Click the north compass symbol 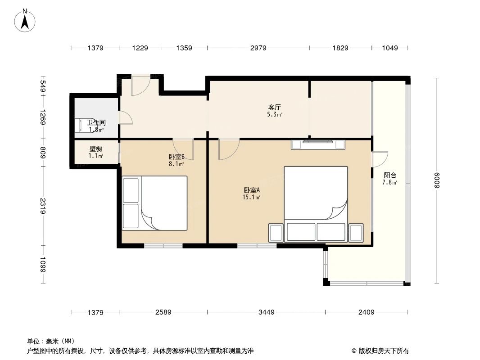click(26, 20)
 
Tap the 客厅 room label click(275, 108)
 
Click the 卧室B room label click(176, 157)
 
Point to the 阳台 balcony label click(389, 175)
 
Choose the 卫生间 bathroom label click(96, 122)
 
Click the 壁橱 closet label click(95, 148)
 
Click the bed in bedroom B click(154, 203)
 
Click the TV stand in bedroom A click(318, 144)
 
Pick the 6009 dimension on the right click(436, 181)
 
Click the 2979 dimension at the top click(258, 48)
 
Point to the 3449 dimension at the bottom click(266, 312)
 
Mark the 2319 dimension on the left click(43, 206)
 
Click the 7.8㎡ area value click(389, 183)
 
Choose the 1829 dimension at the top click(340, 48)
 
